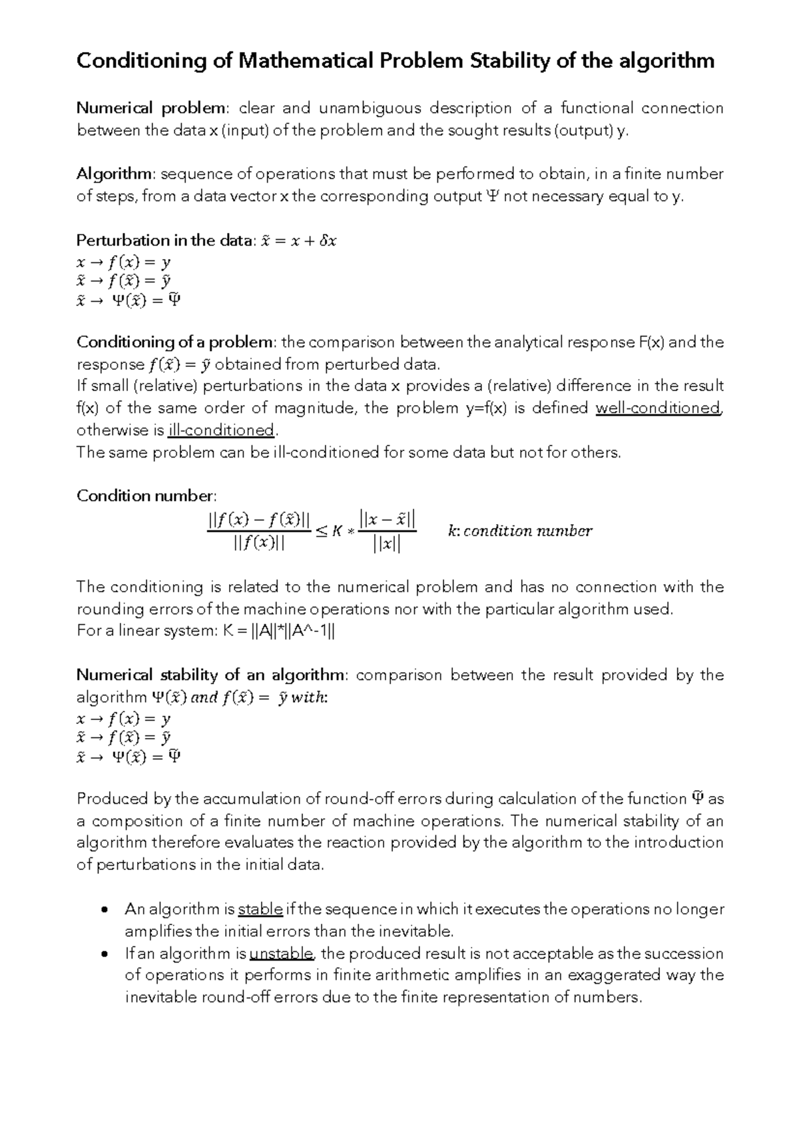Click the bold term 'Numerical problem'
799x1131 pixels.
point(151,108)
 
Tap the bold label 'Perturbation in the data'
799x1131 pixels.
point(164,240)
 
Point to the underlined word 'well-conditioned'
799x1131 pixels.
point(658,408)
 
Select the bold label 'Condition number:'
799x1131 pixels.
point(146,496)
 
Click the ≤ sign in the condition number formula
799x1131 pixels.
point(320,531)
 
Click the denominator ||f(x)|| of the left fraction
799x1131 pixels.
point(259,544)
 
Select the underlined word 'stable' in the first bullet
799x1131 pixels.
point(260,909)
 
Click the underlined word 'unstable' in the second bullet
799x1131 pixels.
point(281,953)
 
